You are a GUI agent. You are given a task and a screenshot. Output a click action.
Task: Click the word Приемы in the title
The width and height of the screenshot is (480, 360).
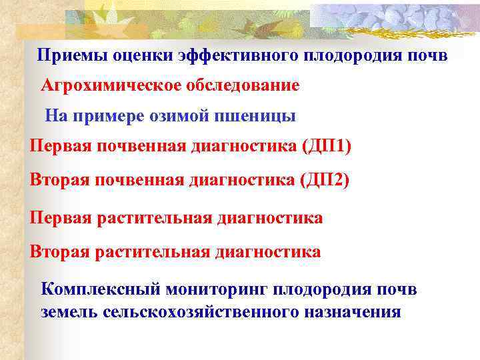coord(64,55)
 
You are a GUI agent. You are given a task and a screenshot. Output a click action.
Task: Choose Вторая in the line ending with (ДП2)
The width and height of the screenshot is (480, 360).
coord(59,180)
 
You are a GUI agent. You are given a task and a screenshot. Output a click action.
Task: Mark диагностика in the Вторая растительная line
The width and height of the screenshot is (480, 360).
coord(267,252)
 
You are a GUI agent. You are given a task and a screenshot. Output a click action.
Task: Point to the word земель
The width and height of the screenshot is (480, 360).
coord(69,311)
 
